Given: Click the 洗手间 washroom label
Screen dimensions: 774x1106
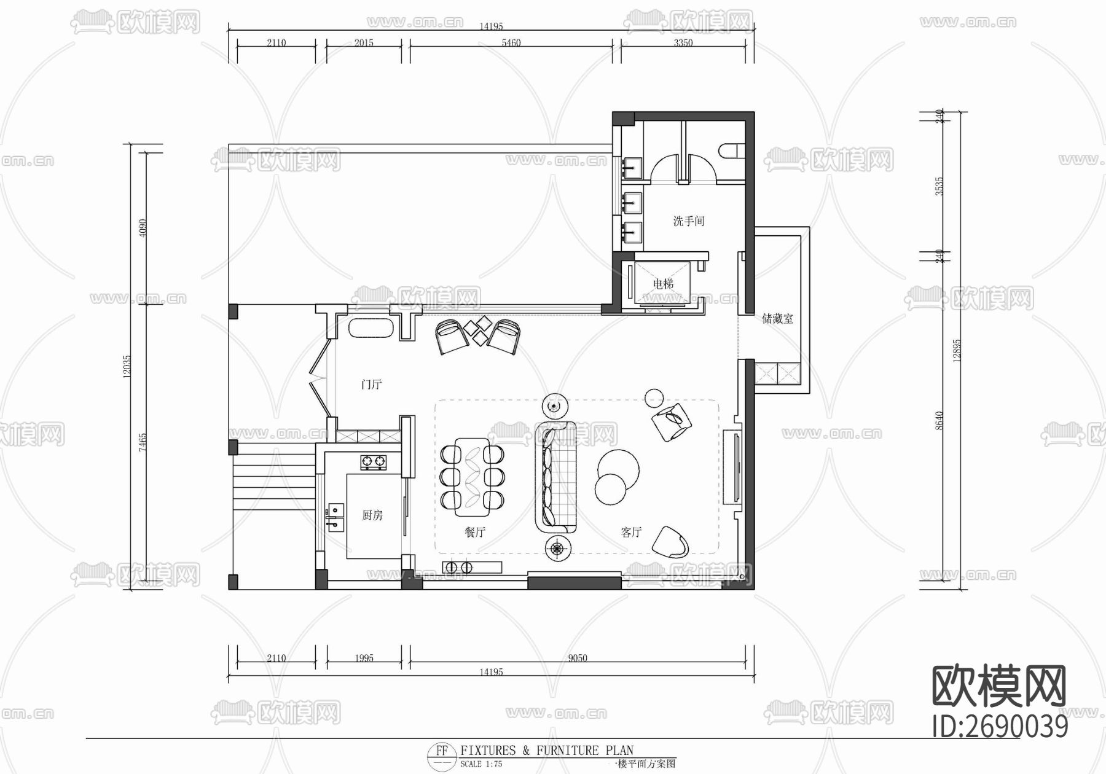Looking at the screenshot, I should tap(688, 221).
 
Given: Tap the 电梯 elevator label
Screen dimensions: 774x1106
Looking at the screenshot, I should tap(663, 284).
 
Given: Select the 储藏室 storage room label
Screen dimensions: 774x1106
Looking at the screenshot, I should tap(777, 319).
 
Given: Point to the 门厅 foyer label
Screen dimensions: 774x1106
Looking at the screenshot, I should tap(371, 385).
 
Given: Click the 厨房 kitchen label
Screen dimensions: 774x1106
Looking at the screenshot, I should tap(372, 515).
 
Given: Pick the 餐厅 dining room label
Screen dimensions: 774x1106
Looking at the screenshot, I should tap(475, 532).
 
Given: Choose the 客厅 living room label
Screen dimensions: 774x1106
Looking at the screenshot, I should tap(631, 532).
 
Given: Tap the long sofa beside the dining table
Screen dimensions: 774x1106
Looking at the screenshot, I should tap(556, 477).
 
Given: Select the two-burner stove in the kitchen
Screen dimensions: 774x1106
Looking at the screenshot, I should tap(374, 461).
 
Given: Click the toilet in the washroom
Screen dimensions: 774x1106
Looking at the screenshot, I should tap(732, 151).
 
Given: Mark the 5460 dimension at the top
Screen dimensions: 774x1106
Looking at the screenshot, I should tap(511, 43).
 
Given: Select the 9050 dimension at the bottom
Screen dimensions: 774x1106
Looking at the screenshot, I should tap(577, 658).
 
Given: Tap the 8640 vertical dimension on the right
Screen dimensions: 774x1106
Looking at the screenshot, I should tap(939, 421).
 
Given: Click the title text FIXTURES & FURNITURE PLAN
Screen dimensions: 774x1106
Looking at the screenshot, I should tap(547, 750).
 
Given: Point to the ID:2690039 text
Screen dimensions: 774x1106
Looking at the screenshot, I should tap(1000, 727).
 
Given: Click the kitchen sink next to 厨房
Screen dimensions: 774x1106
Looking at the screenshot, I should tap(335, 516).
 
